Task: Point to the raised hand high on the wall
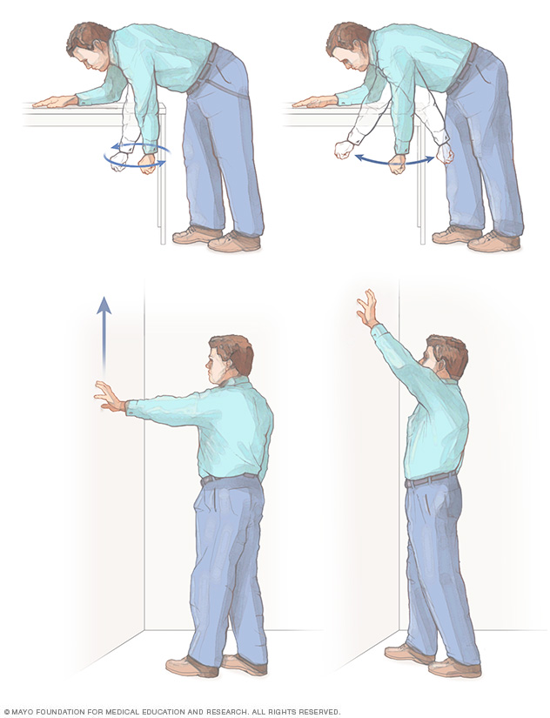click(367, 309)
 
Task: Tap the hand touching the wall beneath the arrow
click(109, 397)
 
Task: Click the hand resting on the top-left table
click(55, 102)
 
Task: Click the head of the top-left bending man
click(89, 48)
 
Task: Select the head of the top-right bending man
click(349, 48)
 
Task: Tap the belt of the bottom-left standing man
click(228, 478)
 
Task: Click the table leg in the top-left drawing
click(161, 191)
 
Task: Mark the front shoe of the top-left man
click(197, 235)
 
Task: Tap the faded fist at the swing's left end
click(343, 150)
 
